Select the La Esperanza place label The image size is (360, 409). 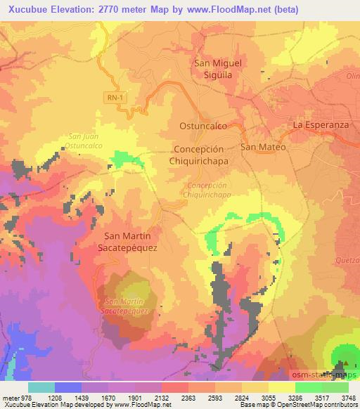tap(321, 125)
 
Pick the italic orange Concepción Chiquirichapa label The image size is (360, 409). tap(208, 190)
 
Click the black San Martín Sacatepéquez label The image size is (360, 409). tap(130, 242)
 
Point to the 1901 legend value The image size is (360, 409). tap(148, 396)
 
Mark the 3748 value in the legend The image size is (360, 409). tap(347, 396)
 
